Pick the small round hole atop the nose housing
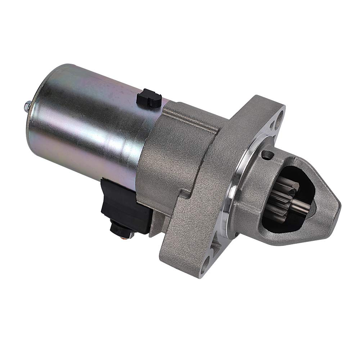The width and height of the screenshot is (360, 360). point(267,155)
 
